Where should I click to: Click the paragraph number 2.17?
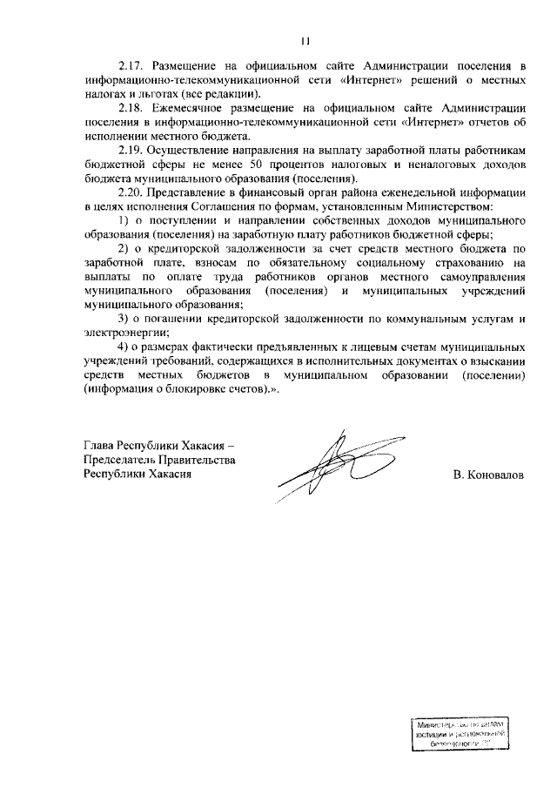pyautogui.click(x=131, y=66)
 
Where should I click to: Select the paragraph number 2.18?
pyautogui.click(x=131, y=108)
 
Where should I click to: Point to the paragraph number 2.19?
pyautogui.click(x=131, y=150)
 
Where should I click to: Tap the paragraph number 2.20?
pyautogui.click(x=131, y=192)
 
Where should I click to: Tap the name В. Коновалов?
pyautogui.click(x=488, y=475)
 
